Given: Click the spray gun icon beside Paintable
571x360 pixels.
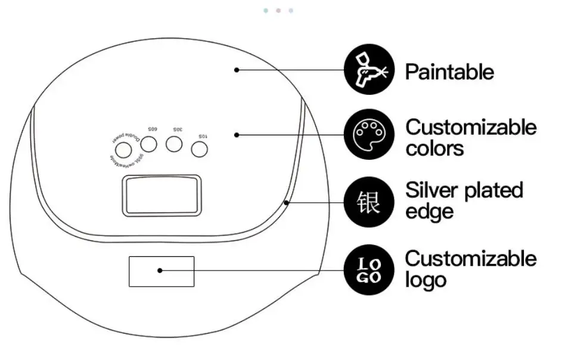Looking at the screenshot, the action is (x=370, y=70).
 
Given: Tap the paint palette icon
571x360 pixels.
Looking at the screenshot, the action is (x=370, y=134).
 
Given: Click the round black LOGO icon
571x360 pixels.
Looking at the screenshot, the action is (x=370, y=269).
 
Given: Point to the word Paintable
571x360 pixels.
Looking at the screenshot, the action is (x=449, y=72).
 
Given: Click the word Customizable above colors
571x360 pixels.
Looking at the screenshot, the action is (x=471, y=127).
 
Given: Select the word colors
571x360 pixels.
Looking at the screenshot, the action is (x=435, y=148).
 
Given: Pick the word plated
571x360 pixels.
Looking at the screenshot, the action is (x=494, y=191).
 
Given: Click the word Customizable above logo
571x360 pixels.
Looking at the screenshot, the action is (x=471, y=259).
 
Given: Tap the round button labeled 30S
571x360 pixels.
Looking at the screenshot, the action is (x=174, y=144).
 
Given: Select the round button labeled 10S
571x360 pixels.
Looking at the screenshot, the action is (x=200, y=150).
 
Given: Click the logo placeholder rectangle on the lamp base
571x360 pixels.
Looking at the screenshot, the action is (x=162, y=271).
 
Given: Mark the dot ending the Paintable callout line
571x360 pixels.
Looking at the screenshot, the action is (x=237, y=70).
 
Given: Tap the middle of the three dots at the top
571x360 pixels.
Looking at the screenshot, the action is (x=278, y=11).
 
